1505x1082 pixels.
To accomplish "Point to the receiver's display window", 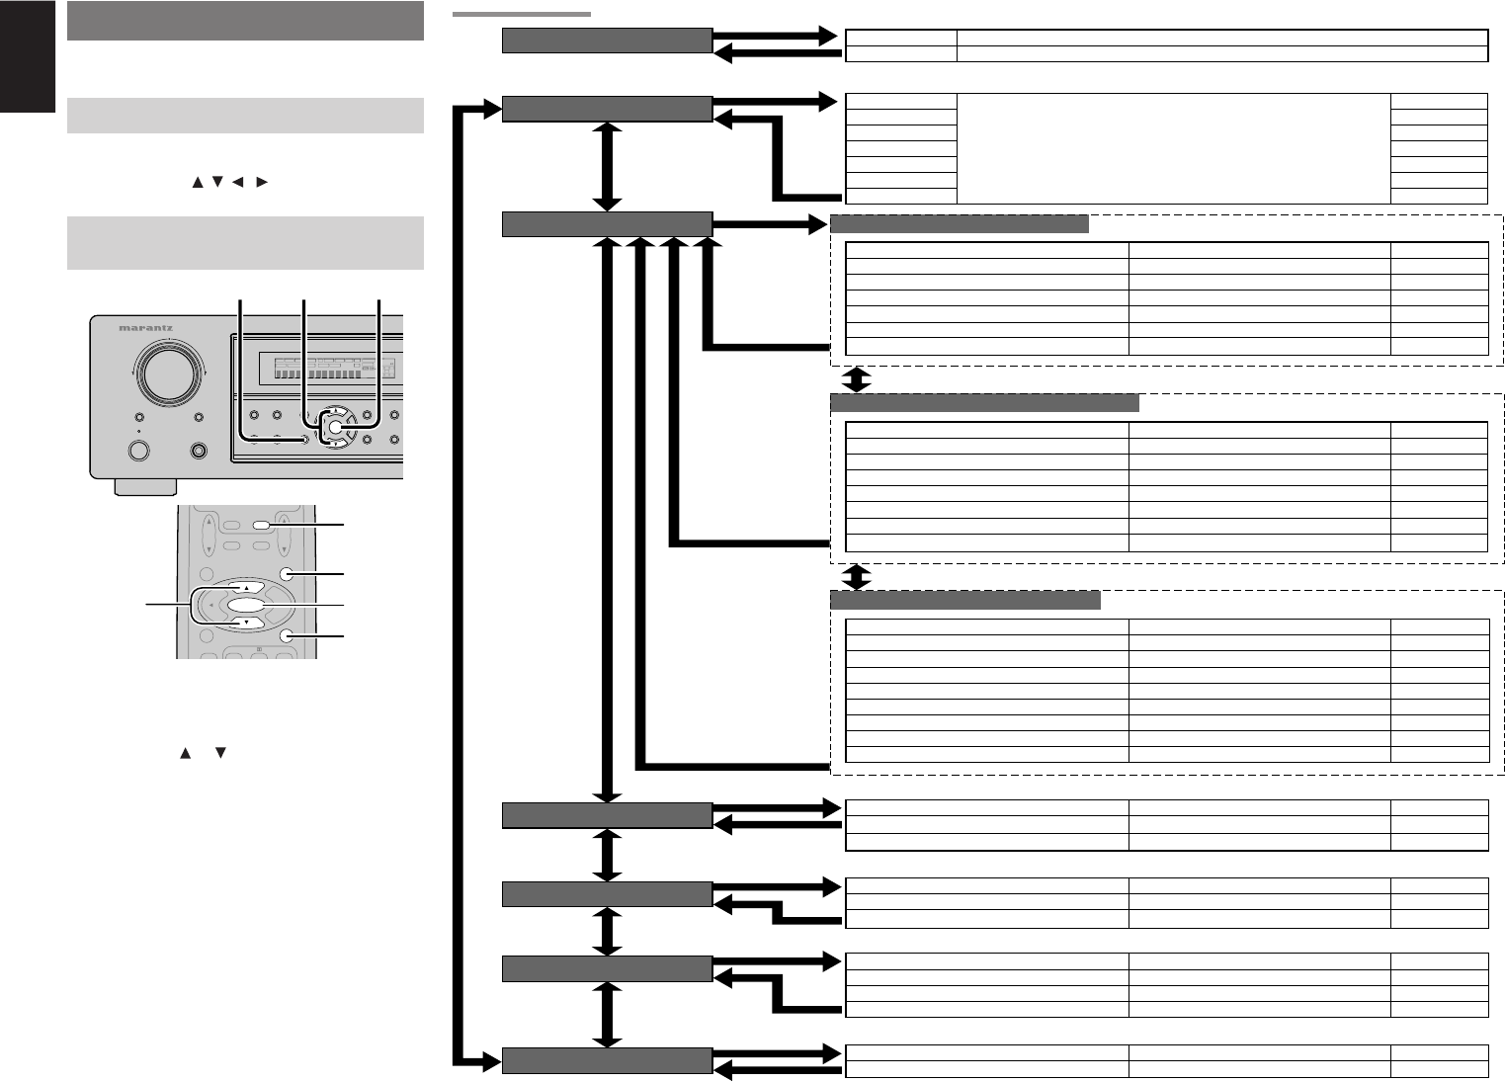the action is [x=326, y=371].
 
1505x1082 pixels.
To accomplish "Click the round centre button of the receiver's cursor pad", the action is [x=335, y=428].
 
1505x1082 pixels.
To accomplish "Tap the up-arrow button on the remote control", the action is [x=246, y=586].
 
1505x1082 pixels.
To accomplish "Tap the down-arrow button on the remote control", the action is [x=246, y=624].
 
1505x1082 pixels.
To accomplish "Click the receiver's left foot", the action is [x=145, y=486].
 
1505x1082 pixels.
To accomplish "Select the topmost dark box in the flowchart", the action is [x=607, y=41].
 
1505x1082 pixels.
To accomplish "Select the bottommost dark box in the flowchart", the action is [x=607, y=1060].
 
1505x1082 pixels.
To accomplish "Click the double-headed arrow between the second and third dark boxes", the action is [x=608, y=166].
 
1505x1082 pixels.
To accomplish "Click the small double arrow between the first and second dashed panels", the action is [x=858, y=379].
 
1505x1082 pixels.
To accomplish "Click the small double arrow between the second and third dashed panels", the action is [x=858, y=576].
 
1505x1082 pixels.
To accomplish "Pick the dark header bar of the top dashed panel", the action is [x=959, y=223].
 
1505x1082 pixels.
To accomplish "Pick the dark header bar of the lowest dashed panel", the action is [x=965, y=601].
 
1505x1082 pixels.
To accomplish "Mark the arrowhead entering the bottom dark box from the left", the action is [x=492, y=1061].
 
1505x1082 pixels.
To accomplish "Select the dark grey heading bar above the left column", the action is [x=245, y=21].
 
